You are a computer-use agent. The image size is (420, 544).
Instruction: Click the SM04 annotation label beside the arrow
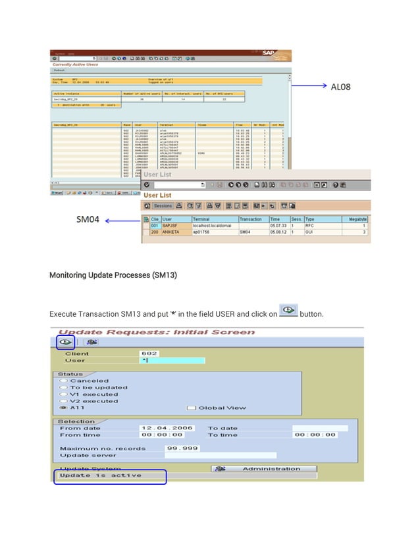click(x=88, y=219)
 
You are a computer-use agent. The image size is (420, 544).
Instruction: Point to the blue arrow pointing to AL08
click(x=309, y=86)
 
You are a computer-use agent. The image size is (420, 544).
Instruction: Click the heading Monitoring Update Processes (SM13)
click(x=113, y=274)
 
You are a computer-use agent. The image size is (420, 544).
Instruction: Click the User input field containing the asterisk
click(x=172, y=360)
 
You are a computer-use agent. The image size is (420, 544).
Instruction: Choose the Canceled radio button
click(x=63, y=381)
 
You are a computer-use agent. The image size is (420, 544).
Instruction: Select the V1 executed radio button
click(x=63, y=394)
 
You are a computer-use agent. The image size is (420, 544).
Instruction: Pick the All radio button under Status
click(x=63, y=407)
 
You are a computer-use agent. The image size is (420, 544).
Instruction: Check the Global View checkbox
click(x=191, y=408)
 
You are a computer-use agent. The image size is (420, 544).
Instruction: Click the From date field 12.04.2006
click(x=167, y=427)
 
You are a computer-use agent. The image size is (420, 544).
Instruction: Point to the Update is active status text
click(x=100, y=475)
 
